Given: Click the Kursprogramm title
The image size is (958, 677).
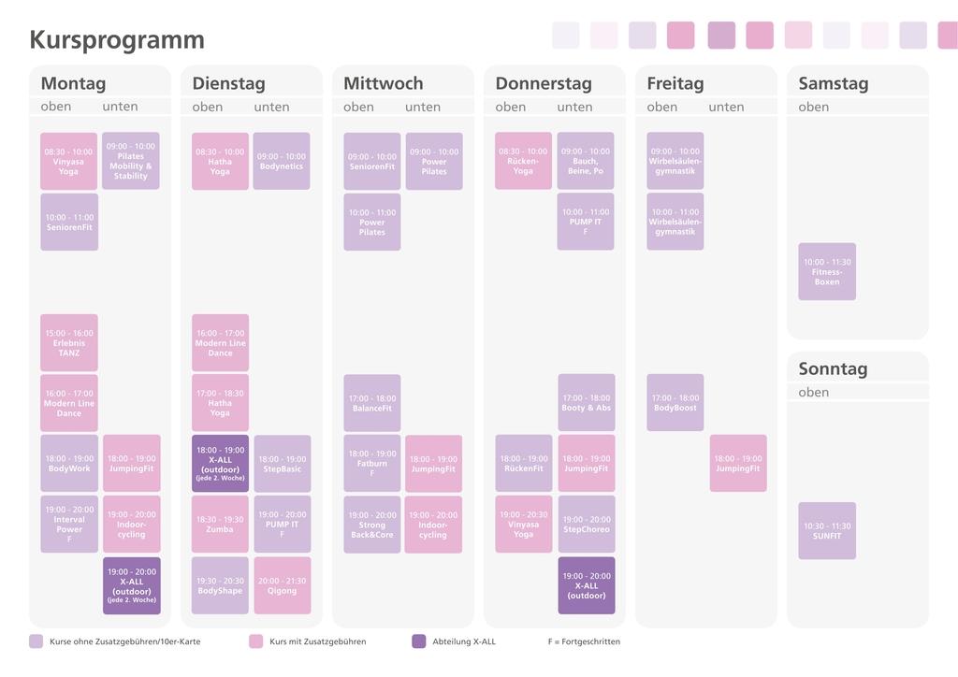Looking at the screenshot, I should coord(117,40).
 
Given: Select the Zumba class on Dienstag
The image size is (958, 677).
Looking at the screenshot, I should coord(220,525).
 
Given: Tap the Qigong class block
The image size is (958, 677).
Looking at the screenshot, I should coord(282,585).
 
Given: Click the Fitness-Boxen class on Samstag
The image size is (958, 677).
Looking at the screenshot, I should coord(826,272).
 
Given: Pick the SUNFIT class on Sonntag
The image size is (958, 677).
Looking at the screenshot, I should coord(826,531).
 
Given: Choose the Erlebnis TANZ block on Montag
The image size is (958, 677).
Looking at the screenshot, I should coord(68,343).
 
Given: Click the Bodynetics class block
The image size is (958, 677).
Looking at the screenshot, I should coord(282,161).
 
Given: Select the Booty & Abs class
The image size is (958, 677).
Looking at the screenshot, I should coord(586,403).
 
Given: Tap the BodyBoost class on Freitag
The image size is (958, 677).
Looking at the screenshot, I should coord(675,403).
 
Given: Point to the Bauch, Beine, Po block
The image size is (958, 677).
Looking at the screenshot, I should coord(586,161).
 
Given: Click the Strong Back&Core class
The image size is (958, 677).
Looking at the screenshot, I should coord(371,525).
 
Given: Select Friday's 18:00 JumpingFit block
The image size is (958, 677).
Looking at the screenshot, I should coord(737,464).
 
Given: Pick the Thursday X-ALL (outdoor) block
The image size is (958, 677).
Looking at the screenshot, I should coord(586,585).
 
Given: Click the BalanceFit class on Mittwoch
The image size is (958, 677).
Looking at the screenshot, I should coord(371,403).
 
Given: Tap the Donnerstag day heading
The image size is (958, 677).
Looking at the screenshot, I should coord(544,83).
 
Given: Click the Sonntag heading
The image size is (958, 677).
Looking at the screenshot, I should coord(833,368).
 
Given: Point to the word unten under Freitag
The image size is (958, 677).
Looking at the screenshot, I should coord(726,107).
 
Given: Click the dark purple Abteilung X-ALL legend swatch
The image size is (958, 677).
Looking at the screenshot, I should coord(418,641).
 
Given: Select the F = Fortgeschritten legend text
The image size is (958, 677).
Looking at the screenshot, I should coord(584,641).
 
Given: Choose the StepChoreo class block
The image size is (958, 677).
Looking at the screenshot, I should coord(586,525).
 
